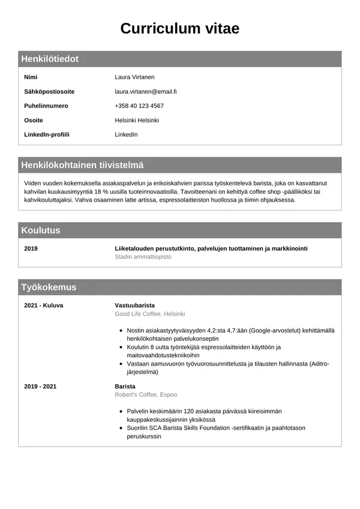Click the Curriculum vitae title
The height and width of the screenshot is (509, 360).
pos(179,28)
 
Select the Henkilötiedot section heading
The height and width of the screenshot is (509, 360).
pos(50,59)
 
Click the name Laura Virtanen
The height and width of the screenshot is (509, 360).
pos(134,77)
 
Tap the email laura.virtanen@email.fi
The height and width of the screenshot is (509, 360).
pos(145,91)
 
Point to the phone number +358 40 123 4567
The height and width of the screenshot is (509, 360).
pos(139,106)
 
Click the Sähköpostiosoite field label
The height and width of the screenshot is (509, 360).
pos(49,91)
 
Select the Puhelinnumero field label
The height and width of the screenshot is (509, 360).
pos(46,106)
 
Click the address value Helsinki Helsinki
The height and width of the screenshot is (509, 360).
pos(137,120)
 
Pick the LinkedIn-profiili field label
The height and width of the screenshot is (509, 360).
pos(47,134)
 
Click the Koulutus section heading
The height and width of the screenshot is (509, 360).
pos(41,230)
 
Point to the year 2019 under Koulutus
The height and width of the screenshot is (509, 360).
pos(31,248)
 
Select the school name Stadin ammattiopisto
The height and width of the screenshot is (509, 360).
pos(143,256)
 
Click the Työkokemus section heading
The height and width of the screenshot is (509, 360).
pos(49,287)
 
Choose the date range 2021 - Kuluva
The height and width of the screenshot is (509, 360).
pos(43,305)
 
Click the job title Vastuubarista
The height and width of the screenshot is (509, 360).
pos(134,305)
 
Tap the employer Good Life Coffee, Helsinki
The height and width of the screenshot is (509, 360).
pos(149,314)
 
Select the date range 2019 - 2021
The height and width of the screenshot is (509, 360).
pos(40,386)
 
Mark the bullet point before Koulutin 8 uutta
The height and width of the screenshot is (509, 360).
pos(122,347)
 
